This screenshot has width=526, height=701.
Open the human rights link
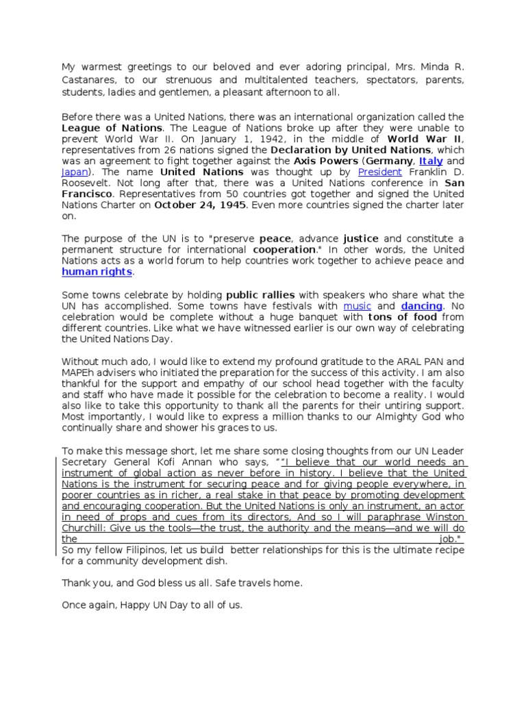(x=97, y=272)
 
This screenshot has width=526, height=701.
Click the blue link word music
(x=357, y=305)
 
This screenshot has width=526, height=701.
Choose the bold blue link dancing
(x=421, y=305)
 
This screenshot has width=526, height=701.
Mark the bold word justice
(x=361, y=238)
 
